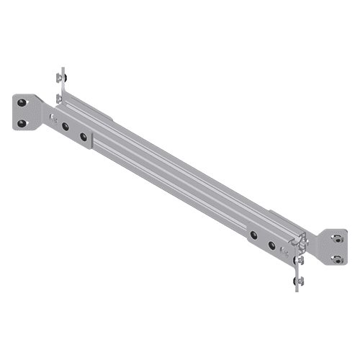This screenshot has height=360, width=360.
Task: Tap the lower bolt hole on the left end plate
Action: click(23, 123)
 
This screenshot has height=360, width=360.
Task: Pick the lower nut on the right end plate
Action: click(337, 258)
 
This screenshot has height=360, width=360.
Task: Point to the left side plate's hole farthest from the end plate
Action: click(84, 135)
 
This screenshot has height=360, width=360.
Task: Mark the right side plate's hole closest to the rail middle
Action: click(254, 235)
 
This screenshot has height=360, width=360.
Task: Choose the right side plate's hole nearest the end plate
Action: click(272, 246)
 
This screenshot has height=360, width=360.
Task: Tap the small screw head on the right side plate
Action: click(286, 253)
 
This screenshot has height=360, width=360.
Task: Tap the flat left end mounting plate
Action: click(24, 113)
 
